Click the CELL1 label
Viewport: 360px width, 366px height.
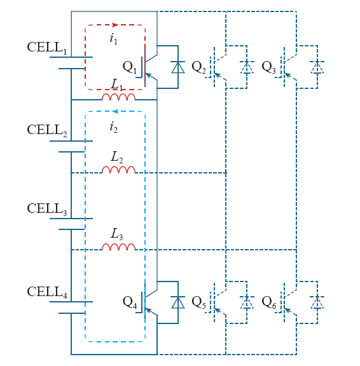point(47,48)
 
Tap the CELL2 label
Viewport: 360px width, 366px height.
point(47,130)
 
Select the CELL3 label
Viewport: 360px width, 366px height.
point(47,209)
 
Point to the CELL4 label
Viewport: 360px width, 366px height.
point(47,292)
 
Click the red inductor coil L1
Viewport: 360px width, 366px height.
point(118,97)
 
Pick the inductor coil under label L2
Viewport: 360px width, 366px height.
point(118,170)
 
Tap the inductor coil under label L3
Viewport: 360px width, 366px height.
point(118,247)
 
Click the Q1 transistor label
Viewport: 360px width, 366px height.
point(130,67)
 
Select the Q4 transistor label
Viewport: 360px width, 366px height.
point(130,302)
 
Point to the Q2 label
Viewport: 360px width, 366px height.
point(199,67)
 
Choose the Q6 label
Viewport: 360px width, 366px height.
point(269,302)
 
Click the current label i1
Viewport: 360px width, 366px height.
point(114,39)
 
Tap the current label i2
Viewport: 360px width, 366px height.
point(114,128)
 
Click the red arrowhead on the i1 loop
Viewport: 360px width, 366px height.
point(115,25)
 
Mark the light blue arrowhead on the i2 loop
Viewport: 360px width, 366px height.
point(115,111)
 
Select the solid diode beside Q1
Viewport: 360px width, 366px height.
point(178,67)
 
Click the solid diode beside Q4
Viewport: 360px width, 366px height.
point(178,302)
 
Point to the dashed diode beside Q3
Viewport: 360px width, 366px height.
point(317,67)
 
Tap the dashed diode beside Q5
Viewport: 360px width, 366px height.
point(247,302)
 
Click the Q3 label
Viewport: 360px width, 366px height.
point(269,67)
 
